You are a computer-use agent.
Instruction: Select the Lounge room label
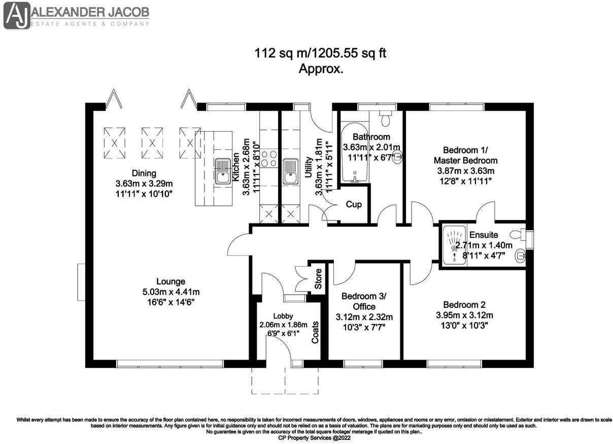point(171,281)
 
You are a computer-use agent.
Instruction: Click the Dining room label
point(144,173)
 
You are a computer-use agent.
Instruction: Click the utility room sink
point(290,171)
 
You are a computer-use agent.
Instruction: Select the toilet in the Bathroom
point(386,118)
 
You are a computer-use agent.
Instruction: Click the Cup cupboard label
point(354,204)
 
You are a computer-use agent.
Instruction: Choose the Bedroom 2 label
point(464,305)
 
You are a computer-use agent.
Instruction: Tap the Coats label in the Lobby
point(315,331)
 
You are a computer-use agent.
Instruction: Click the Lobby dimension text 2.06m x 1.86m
point(283,325)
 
